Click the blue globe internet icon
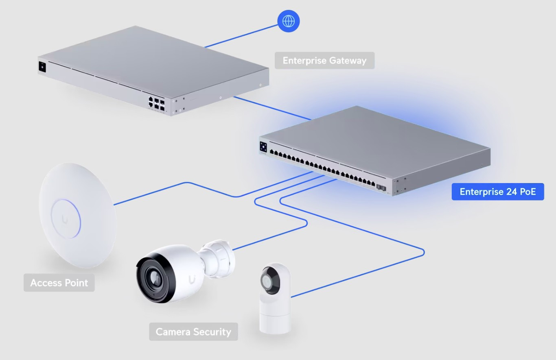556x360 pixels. point(288,21)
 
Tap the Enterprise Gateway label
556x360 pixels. point(324,61)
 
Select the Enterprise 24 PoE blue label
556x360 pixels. point(497,192)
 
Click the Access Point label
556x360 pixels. point(59,283)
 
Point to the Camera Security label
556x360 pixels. point(193,332)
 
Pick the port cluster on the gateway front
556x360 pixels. point(157,104)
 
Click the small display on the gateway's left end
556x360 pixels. point(42,66)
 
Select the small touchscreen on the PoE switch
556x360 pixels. point(263,147)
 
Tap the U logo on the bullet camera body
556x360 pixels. point(192,279)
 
